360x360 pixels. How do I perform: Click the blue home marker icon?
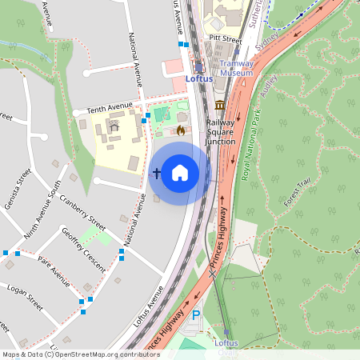[x=180, y=172]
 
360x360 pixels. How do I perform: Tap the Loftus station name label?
[x=198, y=79]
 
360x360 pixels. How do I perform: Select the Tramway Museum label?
[x=236, y=68]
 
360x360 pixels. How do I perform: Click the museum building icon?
[x=220, y=106]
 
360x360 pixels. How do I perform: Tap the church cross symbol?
[x=157, y=172]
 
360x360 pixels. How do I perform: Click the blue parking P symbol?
[x=196, y=317]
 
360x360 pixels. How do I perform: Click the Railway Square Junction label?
[x=221, y=132]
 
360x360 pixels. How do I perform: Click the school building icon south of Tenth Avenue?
[x=113, y=126]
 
